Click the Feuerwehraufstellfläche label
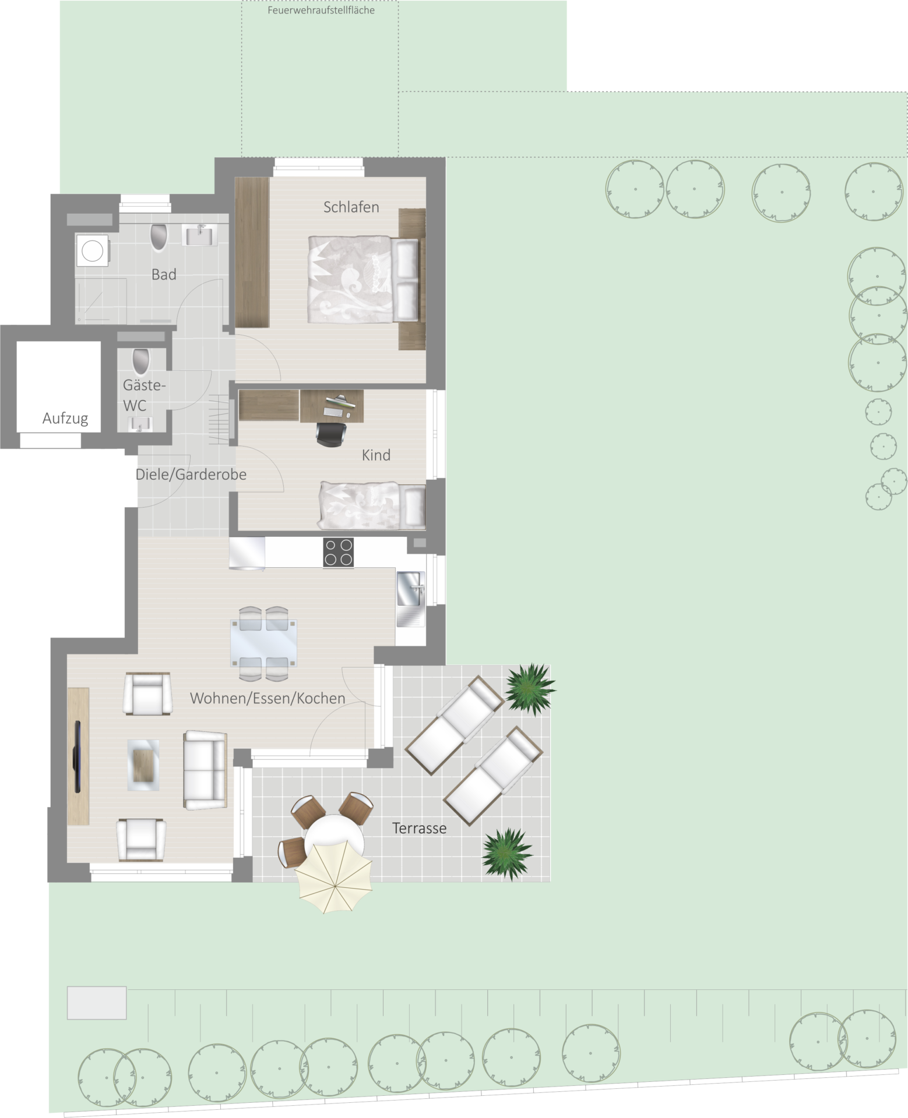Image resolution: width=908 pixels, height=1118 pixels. [x=321, y=10]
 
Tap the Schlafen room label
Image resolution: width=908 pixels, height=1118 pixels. [x=351, y=207]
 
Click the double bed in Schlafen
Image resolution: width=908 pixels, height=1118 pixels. [x=364, y=279]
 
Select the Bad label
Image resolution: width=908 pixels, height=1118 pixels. [x=164, y=274]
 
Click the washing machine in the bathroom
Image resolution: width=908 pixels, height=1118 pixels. [x=92, y=251]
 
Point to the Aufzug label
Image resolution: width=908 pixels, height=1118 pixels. [x=65, y=418]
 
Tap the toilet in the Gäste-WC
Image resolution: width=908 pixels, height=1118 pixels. [x=141, y=360]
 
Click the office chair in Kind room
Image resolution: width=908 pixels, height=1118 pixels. [x=331, y=433]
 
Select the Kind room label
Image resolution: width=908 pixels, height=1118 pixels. [x=376, y=455]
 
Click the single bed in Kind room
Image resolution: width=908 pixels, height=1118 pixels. [x=372, y=505]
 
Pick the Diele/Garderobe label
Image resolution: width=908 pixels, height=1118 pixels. [x=191, y=475]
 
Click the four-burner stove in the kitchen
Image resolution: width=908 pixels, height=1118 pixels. [x=338, y=552]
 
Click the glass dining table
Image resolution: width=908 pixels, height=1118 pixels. [x=263, y=642]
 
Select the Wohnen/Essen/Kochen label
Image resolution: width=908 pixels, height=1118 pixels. [x=268, y=698]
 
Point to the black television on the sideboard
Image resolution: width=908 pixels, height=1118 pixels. [x=77, y=756]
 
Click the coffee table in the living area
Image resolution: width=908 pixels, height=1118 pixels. [x=143, y=765]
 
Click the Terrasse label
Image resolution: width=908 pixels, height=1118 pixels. [x=419, y=828]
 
